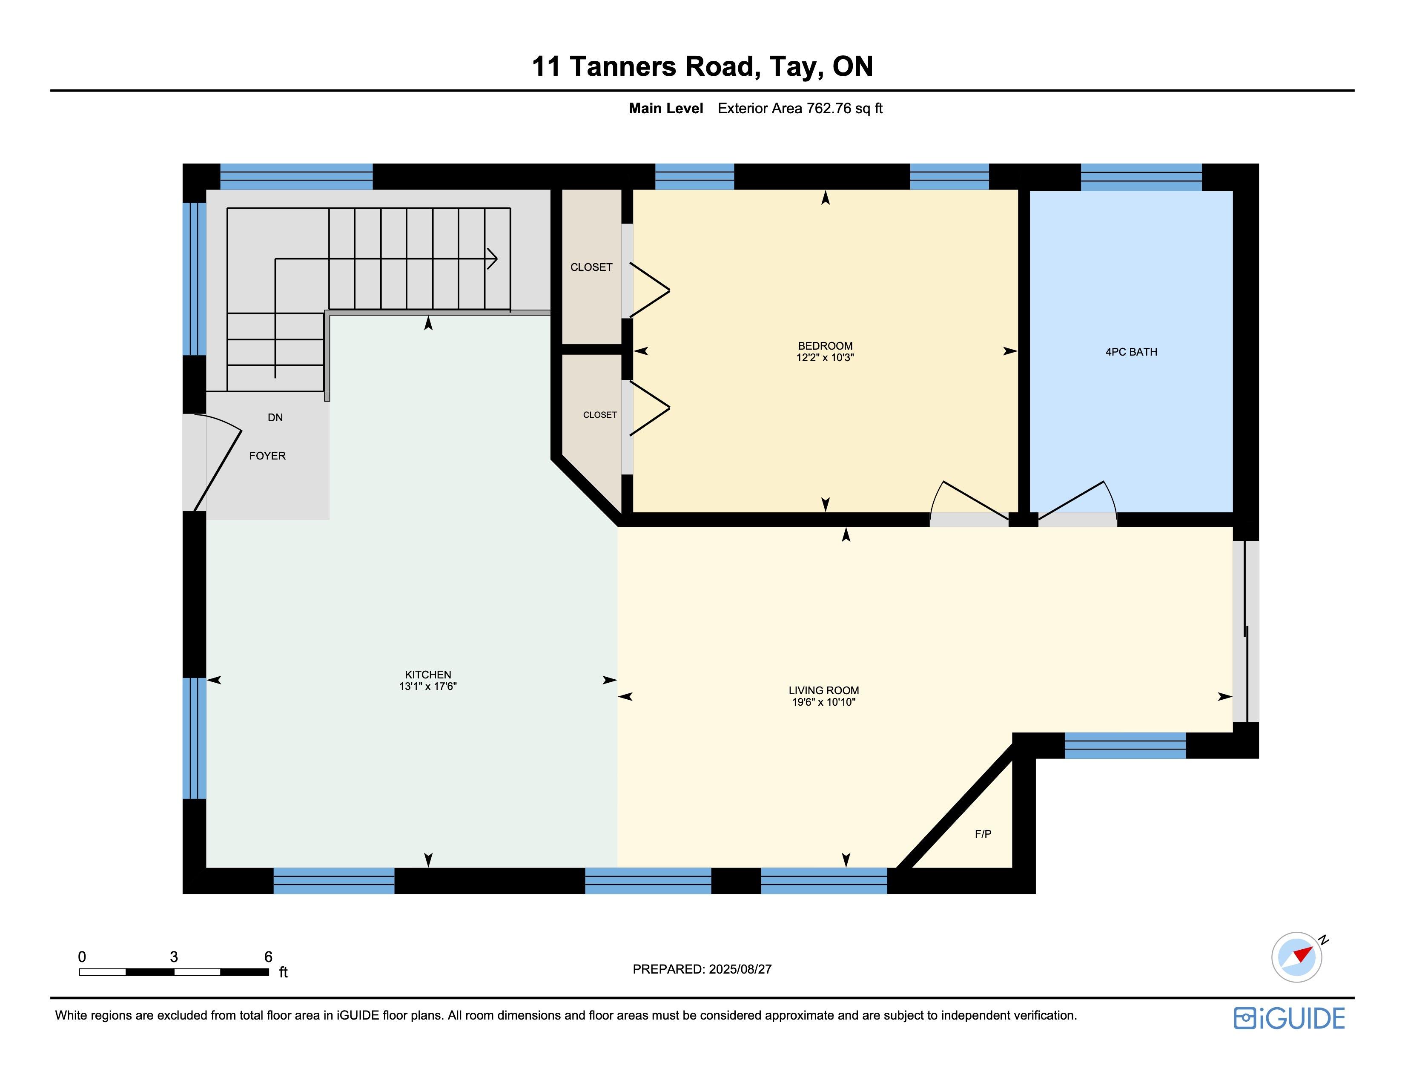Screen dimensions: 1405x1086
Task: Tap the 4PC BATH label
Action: [x=1131, y=352]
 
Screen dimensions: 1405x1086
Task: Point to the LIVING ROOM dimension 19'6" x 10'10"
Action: [x=823, y=702]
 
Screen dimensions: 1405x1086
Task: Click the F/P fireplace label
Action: [x=983, y=834]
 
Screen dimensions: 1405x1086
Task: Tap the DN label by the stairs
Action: [x=275, y=417]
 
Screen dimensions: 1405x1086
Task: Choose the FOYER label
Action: [x=268, y=456]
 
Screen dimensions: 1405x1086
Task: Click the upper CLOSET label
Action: [x=591, y=267]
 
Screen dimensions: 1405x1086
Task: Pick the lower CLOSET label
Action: [x=599, y=415]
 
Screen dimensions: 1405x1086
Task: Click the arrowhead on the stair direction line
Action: [x=493, y=259]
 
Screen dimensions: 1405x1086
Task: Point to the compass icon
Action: [x=1297, y=957]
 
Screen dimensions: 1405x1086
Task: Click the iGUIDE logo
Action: [x=1289, y=1018]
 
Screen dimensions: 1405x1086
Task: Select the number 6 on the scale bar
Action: [x=268, y=957]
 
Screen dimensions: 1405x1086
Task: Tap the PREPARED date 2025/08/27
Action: [x=740, y=969]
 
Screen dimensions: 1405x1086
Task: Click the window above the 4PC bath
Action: [x=1141, y=177]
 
